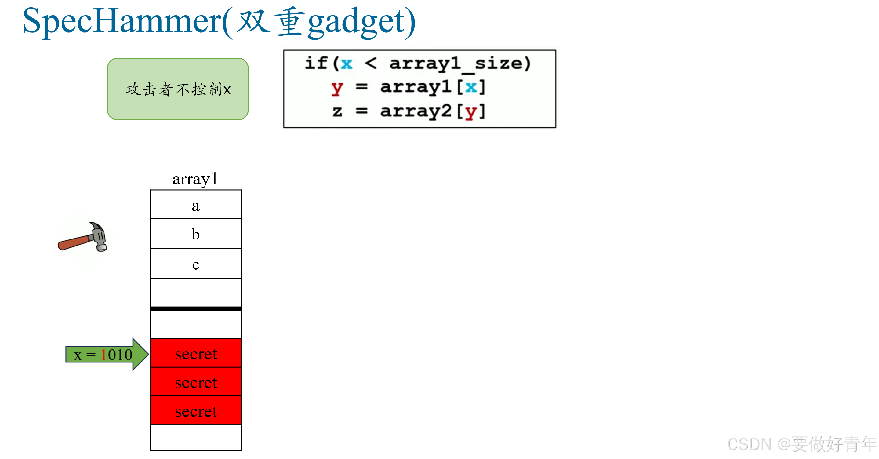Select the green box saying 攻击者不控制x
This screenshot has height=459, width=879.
click(178, 89)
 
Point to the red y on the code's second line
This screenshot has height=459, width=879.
click(336, 88)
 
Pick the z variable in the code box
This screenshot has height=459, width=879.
click(337, 111)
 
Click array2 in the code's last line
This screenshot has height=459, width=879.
click(416, 111)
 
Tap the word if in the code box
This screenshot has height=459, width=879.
click(316, 63)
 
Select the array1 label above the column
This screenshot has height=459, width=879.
click(195, 179)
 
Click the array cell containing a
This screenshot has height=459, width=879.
click(195, 205)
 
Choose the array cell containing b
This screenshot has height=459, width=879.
click(195, 234)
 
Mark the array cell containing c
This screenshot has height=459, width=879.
click(195, 264)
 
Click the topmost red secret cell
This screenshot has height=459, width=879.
click(195, 353)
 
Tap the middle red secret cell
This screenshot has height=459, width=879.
click(195, 382)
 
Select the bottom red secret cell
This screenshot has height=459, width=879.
click(195, 410)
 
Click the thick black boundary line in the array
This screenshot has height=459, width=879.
click(195, 308)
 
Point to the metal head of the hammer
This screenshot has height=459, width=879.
click(99, 236)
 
